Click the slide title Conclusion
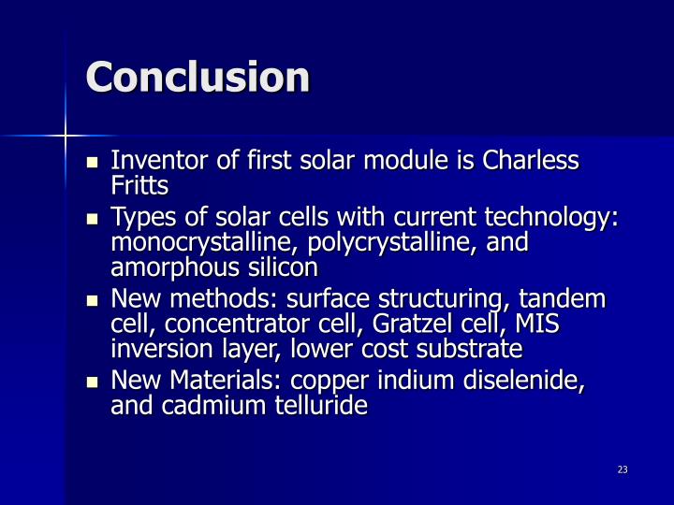[198, 77]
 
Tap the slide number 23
[623, 469]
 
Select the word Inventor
[153, 161]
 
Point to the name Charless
[531, 161]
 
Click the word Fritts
[139, 185]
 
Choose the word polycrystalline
[382, 243]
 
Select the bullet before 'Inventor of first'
[92, 162]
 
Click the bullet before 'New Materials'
[92, 382]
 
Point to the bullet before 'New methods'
[92, 301]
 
